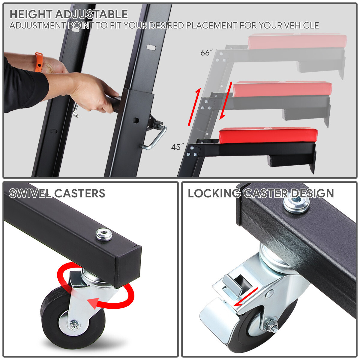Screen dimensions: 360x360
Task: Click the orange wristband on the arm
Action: [38, 62]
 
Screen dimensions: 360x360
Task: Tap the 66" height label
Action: [206, 53]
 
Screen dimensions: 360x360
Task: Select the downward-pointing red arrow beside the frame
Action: [226, 100]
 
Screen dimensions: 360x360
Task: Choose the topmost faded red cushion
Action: [297, 41]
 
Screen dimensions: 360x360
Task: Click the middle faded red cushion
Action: [282, 89]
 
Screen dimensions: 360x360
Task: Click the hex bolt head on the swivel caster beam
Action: [104, 234]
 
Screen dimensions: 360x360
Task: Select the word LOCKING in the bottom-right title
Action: [214, 193]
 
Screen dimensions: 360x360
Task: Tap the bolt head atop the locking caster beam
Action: [296, 204]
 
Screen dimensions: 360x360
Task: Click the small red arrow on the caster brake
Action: [246, 297]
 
